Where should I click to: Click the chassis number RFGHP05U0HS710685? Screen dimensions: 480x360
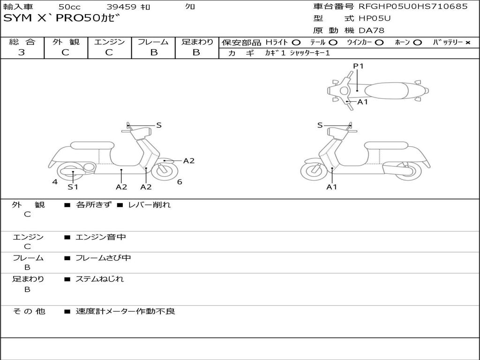point(413,7)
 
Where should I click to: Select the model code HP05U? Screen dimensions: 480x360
point(375,19)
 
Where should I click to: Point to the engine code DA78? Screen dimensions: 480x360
point(371,31)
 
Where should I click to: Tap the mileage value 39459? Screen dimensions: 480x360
point(121,7)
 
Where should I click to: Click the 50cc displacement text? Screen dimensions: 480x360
point(69,7)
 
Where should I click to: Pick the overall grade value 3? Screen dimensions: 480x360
point(22,52)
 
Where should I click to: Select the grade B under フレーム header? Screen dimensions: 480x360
point(153,52)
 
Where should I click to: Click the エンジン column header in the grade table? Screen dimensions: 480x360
point(109,42)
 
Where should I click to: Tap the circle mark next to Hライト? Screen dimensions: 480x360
point(296,42)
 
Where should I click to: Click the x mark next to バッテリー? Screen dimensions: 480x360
point(467,42)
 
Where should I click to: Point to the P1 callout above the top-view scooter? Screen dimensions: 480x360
point(358,66)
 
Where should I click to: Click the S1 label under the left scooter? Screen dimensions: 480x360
point(73,187)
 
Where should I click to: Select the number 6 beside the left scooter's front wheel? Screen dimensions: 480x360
point(180,182)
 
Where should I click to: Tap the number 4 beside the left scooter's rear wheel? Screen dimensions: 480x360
point(55,182)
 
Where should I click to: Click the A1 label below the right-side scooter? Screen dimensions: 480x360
point(332,187)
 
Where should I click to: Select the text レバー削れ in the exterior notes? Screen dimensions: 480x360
point(150,205)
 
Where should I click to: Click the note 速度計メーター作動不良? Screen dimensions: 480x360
point(125,311)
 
